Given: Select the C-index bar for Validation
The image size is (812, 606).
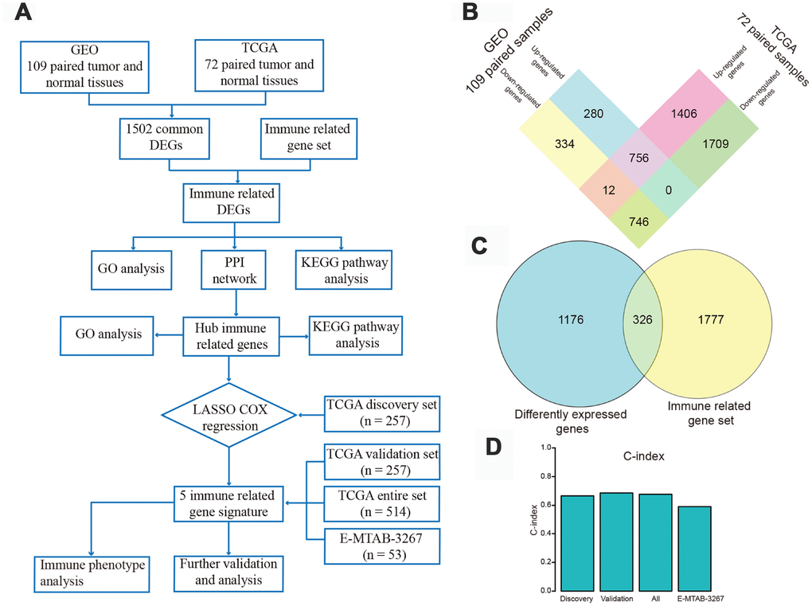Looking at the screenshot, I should point(615,541).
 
